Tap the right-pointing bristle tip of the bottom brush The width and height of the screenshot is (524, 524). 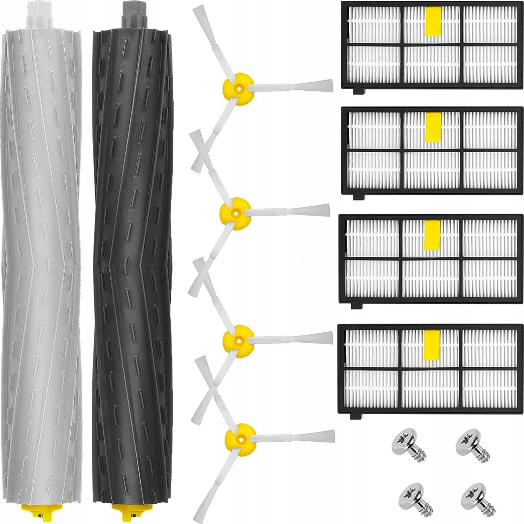(329, 436)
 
